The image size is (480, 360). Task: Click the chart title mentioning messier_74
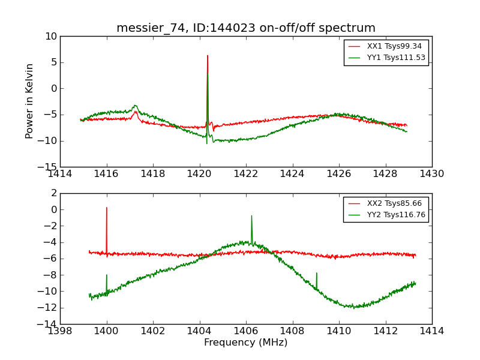245,28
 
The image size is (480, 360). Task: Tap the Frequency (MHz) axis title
245,343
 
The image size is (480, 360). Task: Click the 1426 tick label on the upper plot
338,174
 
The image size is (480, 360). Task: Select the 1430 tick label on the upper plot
431,174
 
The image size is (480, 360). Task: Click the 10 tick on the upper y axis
50,37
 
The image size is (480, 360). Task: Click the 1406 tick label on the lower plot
245,331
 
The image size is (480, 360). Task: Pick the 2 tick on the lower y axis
54,193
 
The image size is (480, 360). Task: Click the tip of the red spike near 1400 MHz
107,208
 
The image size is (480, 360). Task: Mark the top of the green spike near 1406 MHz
251,216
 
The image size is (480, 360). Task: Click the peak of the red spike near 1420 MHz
208,56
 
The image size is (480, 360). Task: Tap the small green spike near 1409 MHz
316,273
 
